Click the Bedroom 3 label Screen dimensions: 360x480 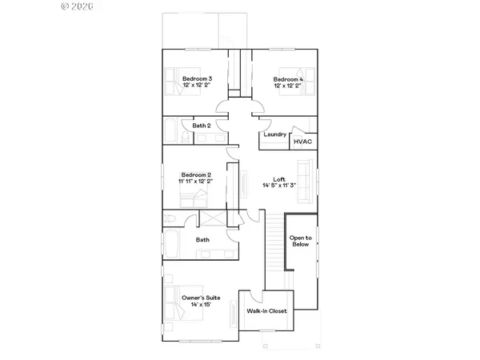[x=197, y=79]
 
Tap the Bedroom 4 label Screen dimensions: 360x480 [x=288, y=79]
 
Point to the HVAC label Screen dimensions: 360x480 [x=302, y=141]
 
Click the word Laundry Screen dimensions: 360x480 [x=274, y=134]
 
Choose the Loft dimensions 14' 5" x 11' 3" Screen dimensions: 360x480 [x=279, y=186]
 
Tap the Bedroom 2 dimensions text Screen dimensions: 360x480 [x=196, y=181]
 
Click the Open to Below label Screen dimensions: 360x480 [x=301, y=241]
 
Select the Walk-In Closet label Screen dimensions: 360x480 [x=266, y=311]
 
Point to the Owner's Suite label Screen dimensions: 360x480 [x=202, y=297]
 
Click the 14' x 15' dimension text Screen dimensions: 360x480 [x=202, y=304]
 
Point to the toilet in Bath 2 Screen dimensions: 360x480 [x=184, y=138]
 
